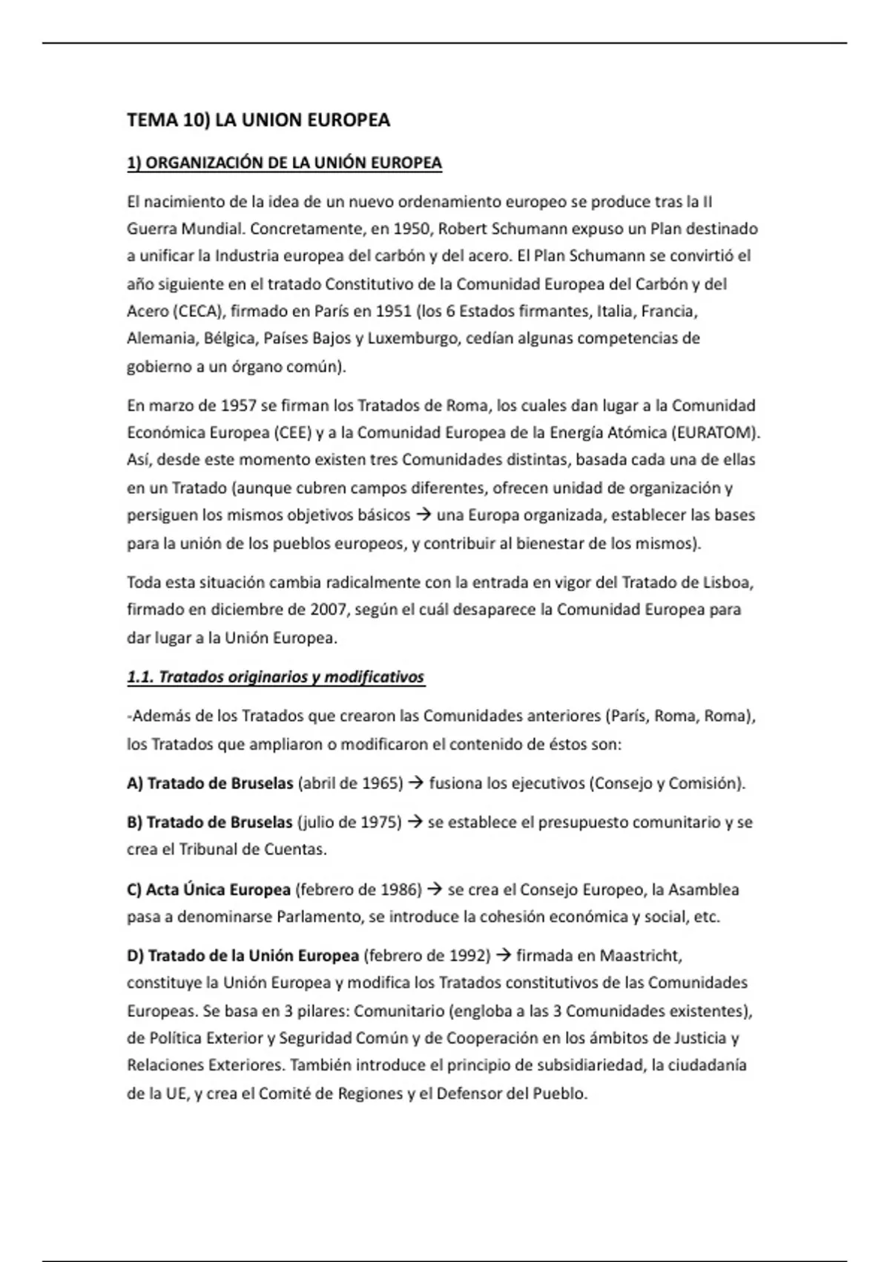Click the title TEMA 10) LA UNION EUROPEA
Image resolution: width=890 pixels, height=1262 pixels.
258,120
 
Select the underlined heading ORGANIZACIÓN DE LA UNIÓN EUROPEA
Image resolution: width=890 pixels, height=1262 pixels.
284,163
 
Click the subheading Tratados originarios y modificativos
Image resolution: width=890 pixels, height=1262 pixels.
276,677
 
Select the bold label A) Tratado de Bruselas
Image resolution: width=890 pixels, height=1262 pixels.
210,783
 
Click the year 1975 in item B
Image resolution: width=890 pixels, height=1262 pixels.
380,823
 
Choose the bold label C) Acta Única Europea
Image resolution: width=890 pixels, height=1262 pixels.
208,889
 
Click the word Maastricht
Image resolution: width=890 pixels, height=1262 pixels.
640,955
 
